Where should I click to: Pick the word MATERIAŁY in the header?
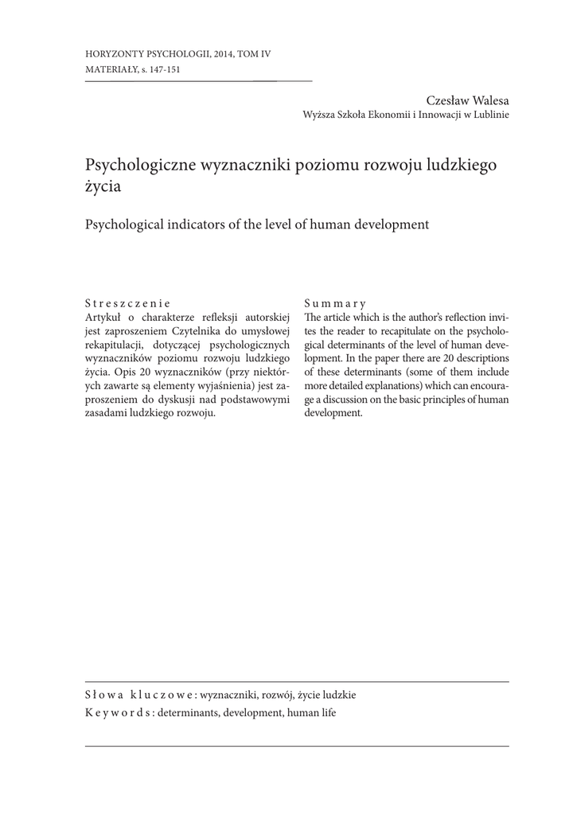click(109, 70)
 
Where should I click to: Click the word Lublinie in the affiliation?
click(488, 114)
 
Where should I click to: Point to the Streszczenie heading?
click(127, 303)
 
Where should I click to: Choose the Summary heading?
click(335, 303)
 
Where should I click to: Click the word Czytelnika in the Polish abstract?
click(185, 330)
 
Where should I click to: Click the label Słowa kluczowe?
click(134, 695)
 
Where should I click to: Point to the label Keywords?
click(119, 713)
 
